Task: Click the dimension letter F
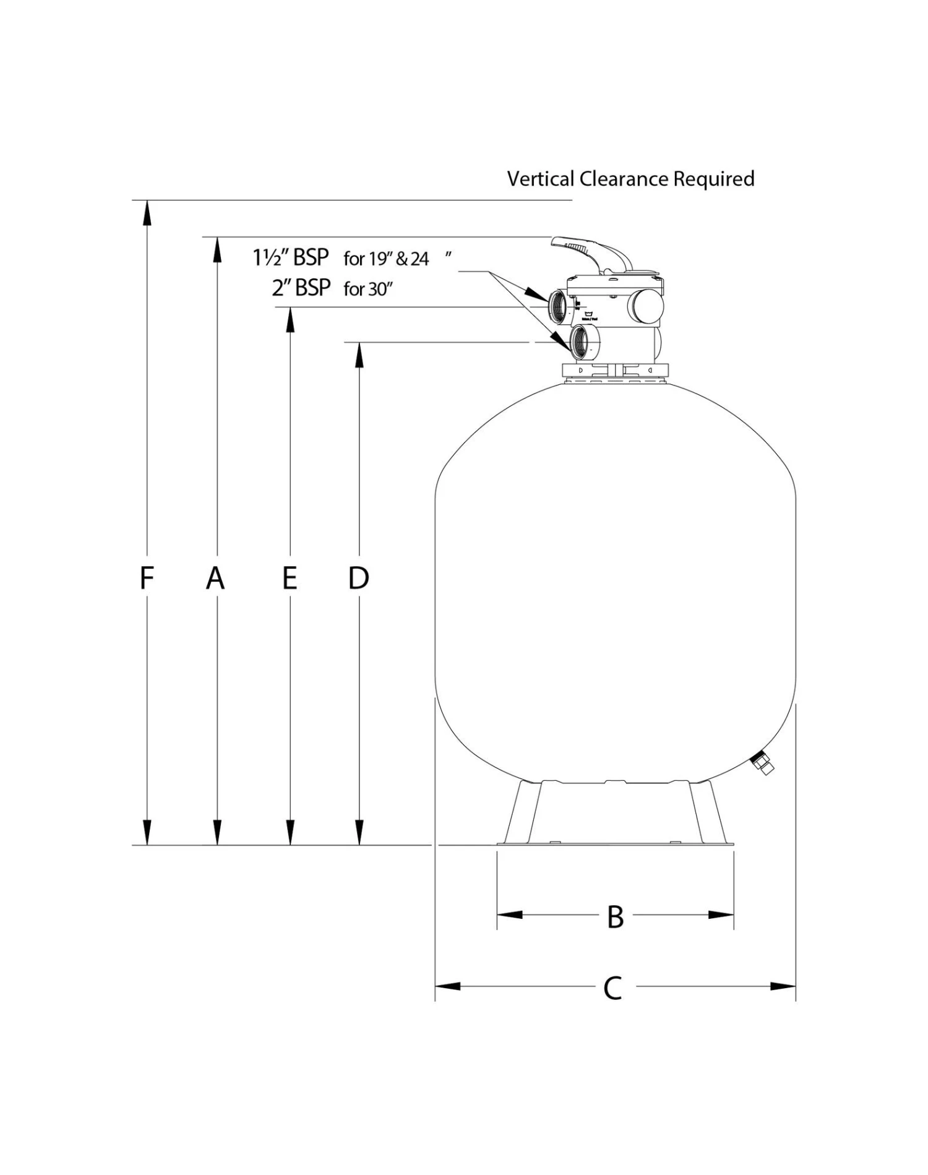[x=146, y=578]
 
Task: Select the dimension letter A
[x=215, y=578]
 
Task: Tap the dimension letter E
[x=290, y=578]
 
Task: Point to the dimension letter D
[x=359, y=578]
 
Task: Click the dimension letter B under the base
[x=615, y=917]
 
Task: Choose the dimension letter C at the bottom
[x=612, y=988]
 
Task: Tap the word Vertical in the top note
[x=540, y=179]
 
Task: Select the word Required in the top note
[x=713, y=179]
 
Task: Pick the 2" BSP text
[x=301, y=288]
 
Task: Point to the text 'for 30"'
[x=369, y=289]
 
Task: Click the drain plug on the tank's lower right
[x=763, y=765]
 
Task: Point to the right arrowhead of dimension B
[x=721, y=915]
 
